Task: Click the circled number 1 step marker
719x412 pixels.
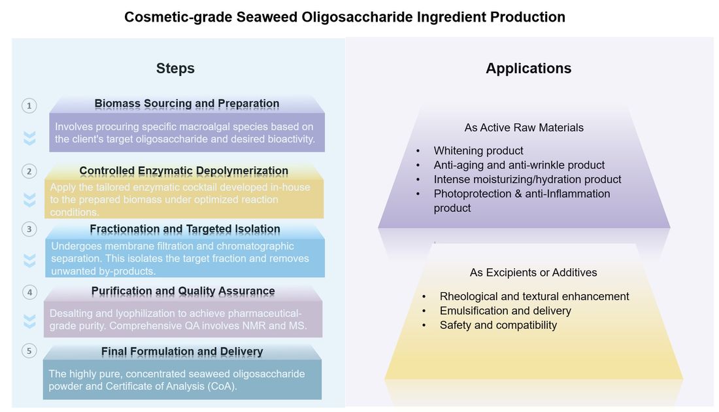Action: pyautogui.click(x=29, y=105)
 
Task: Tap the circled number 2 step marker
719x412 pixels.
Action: pyautogui.click(x=29, y=171)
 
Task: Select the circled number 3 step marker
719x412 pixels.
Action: pyautogui.click(x=29, y=229)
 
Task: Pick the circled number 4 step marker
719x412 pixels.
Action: pyautogui.click(x=29, y=292)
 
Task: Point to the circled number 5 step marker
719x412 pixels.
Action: pyautogui.click(x=29, y=351)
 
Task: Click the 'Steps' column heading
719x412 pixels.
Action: pyautogui.click(x=175, y=69)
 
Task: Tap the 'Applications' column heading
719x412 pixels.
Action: pyautogui.click(x=528, y=69)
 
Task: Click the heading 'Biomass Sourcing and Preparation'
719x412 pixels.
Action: pyautogui.click(x=187, y=103)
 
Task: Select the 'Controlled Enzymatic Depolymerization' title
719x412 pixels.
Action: pyautogui.click(x=184, y=171)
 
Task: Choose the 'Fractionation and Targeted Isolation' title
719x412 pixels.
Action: pyautogui.click(x=185, y=229)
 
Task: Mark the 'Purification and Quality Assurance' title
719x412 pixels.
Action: pyautogui.click(x=183, y=291)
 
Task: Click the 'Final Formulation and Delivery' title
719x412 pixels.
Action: pyautogui.click(x=182, y=352)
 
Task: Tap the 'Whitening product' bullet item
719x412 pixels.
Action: pyautogui.click(x=478, y=151)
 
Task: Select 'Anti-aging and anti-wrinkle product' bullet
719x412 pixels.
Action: pyautogui.click(x=519, y=165)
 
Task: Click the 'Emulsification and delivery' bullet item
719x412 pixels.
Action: pyautogui.click(x=505, y=311)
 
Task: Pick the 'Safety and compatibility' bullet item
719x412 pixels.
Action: pyautogui.click(x=498, y=325)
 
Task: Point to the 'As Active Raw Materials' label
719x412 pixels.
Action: pyautogui.click(x=524, y=128)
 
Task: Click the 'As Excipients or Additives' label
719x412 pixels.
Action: pyautogui.click(x=533, y=272)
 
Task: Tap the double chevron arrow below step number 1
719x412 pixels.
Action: pyautogui.click(x=29, y=138)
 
